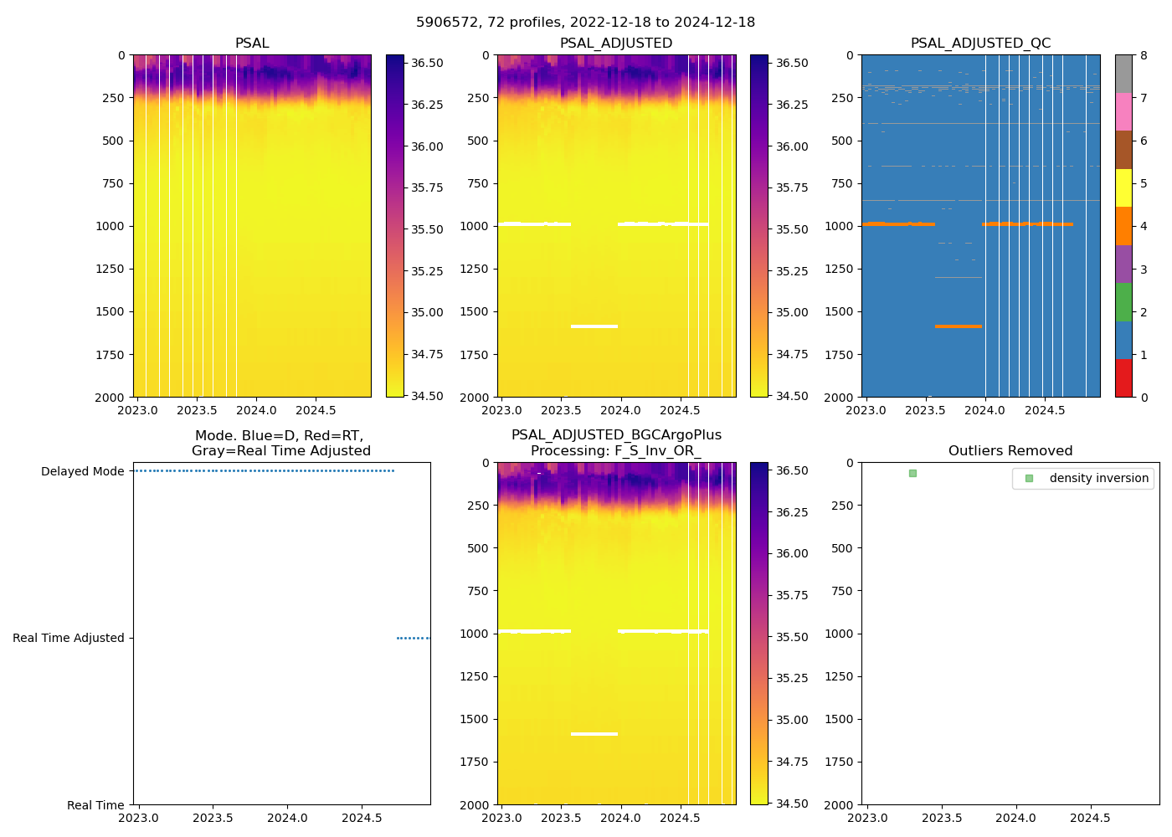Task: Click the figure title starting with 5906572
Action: tap(585, 23)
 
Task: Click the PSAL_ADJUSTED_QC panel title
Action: tap(980, 44)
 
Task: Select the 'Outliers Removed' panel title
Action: tap(1010, 451)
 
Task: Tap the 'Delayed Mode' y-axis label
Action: tap(82, 471)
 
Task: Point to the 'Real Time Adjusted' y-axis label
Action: tap(68, 638)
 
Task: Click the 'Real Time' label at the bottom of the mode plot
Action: tap(95, 805)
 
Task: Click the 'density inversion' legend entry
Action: tap(1098, 478)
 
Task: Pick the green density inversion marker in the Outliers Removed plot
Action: tap(912, 474)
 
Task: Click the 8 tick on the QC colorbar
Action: tap(1144, 55)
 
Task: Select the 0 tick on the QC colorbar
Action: tap(1144, 397)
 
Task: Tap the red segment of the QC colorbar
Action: tap(1123, 377)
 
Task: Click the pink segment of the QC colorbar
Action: tap(1123, 112)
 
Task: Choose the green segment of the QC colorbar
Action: tap(1123, 301)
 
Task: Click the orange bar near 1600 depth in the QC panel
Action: tap(958, 326)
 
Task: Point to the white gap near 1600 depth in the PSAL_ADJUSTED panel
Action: tap(594, 326)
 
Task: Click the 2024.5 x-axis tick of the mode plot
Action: tap(362, 818)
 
